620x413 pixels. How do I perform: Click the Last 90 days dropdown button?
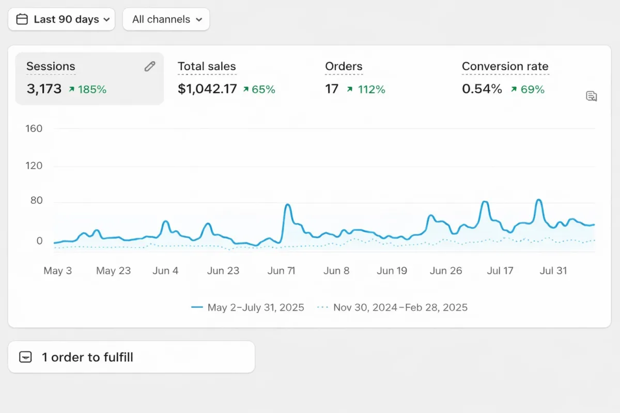61,20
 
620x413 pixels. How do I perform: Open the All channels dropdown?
166,20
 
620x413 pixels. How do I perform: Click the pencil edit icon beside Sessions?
150,66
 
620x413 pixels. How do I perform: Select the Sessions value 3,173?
44,89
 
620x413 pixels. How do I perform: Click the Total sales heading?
207,67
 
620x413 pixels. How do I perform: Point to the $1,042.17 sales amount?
207,89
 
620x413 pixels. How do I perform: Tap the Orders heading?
344,67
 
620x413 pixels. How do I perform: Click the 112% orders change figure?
371,90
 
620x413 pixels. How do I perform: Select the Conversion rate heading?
505,67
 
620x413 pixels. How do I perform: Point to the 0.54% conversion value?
482,89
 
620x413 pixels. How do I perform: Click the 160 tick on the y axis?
34,129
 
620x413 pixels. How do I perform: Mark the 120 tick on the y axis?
34,166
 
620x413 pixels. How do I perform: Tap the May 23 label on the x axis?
114,271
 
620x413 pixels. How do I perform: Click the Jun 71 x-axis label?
282,271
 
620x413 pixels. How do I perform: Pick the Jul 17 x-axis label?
500,271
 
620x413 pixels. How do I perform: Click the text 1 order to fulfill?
87,357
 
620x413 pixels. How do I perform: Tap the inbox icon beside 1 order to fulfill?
25,357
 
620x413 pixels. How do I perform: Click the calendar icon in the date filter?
22,20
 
